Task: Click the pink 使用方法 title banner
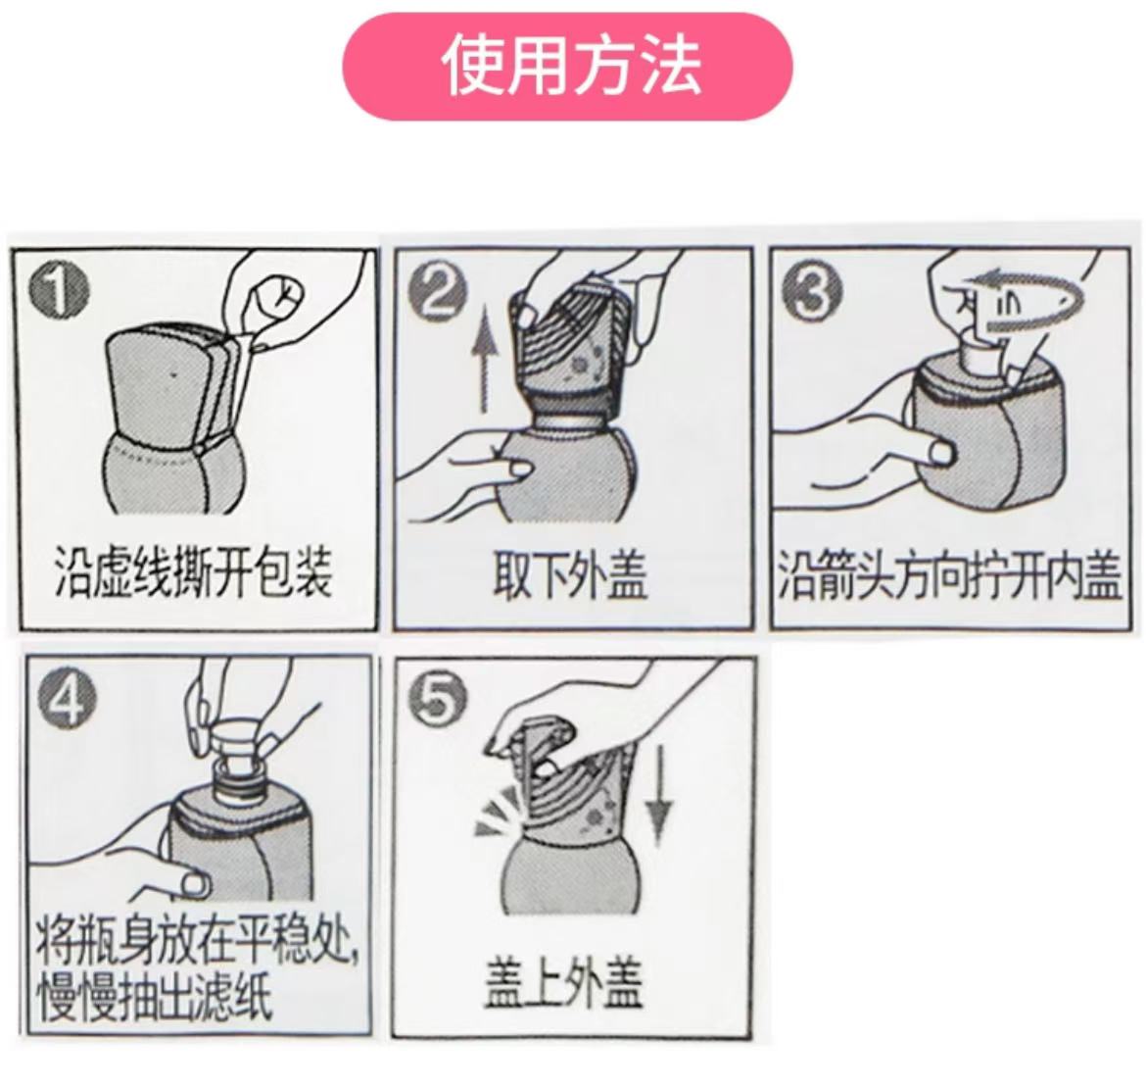coord(567,66)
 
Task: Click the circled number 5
coord(438,697)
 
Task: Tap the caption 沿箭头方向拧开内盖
coord(949,575)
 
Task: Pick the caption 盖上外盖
coord(563,983)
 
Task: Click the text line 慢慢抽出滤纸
coord(155,998)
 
